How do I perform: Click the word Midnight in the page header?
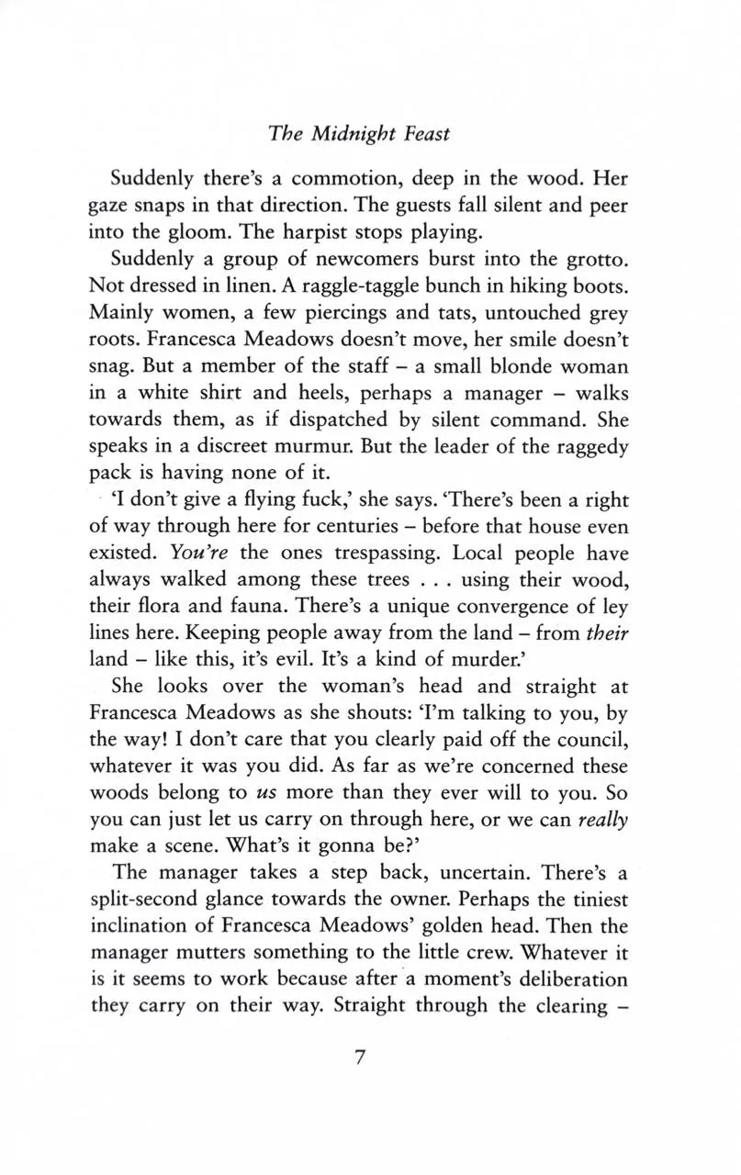[354, 134]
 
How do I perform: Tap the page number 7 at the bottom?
[359, 1057]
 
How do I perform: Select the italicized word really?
[602, 819]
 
